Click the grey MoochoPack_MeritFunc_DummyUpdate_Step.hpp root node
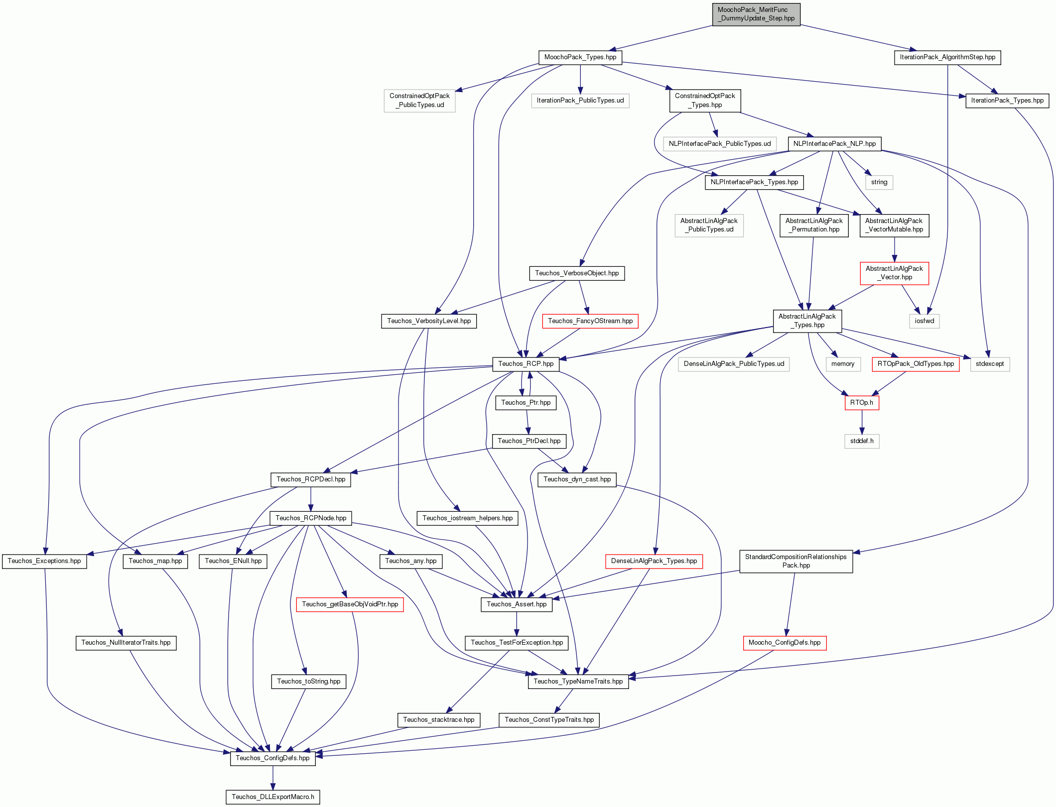(756, 14)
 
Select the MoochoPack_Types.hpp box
(580, 57)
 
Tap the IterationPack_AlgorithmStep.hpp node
(947, 57)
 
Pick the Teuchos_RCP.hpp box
(526, 364)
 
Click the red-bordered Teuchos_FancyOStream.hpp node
(590, 321)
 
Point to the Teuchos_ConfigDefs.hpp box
(272, 758)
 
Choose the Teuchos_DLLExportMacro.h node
(272, 797)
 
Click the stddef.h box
(862, 441)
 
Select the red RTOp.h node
(862, 403)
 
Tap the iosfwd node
(924, 321)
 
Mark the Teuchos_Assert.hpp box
(517, 604)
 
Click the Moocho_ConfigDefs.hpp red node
(785, 643)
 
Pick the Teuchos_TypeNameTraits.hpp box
(578, 682)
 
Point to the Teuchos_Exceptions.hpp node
(44, 561)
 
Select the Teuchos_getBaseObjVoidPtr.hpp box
(350, 604)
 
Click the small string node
(879, 182)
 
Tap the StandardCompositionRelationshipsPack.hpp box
(796, 561)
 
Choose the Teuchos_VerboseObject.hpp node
(577, 273)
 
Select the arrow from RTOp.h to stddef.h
(862, 422)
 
